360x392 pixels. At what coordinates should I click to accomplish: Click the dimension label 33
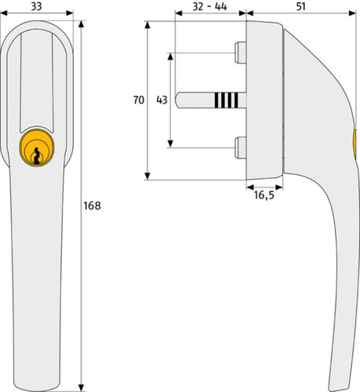(36, 6)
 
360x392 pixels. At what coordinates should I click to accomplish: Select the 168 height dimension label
(92, 206)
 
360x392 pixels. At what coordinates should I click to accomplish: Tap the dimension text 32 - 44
(209, 6)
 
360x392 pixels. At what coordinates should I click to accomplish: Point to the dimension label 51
(301, 6)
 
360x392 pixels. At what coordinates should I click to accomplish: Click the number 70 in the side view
(139, 100)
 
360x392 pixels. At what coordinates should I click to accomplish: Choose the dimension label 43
(162, 100)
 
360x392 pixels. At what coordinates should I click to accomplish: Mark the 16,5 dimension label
(264, 195)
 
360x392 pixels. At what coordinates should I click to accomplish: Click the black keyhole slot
(37, 156)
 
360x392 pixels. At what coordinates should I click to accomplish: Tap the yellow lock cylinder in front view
(37, 147)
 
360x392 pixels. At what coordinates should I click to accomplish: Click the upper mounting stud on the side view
(240, 53)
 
